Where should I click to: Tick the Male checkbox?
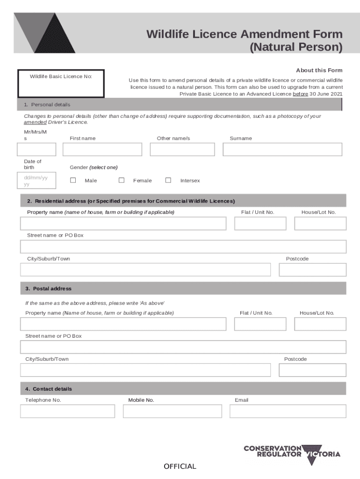(73, 180)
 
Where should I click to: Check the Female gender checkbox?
(122, 180)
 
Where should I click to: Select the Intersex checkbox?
(168, 180)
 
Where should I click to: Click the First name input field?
(102, 149)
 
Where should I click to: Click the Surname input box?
(282, 149)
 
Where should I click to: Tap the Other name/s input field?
(182, 149)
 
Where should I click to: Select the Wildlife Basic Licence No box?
(61, 84)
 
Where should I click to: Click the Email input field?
(288, 411)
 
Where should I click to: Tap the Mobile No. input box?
(173, 411)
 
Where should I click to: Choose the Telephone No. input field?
(67, 411)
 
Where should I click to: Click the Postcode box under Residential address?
(312, 270)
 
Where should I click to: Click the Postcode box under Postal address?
(312, 370)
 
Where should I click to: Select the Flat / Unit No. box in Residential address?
(260, 224)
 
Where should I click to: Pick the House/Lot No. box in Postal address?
(320, 324)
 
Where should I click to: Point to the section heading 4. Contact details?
(49, 389)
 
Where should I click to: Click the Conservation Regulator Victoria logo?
(292, 454)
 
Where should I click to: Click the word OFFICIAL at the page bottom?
(180, 466)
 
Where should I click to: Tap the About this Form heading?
(319, 70)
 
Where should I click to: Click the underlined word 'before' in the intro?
(300, 94)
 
